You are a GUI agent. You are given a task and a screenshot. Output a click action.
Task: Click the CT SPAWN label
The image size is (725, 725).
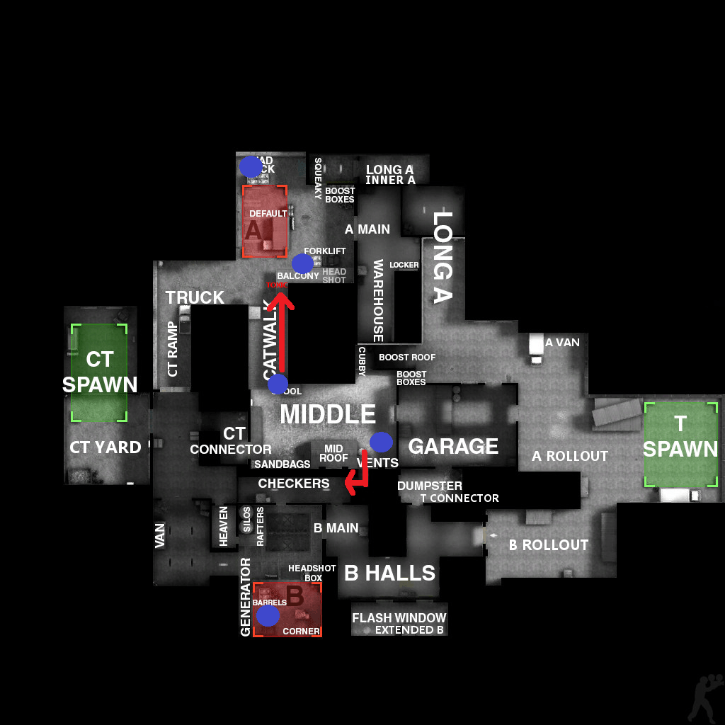100,372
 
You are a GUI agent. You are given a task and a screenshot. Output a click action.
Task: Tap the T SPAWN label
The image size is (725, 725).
680,436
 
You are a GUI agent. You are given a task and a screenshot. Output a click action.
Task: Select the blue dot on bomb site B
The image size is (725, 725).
268,615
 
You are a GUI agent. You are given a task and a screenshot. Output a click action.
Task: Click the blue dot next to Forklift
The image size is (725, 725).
302,263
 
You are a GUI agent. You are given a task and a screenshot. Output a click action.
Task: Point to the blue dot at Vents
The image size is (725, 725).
381,442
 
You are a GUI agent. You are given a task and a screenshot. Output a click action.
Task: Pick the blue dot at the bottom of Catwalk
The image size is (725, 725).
278,384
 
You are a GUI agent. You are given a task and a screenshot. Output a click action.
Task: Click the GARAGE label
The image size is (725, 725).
453,446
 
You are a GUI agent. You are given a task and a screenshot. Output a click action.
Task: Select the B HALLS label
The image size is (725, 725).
389,573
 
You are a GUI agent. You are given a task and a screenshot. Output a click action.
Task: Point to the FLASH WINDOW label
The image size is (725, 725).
399,618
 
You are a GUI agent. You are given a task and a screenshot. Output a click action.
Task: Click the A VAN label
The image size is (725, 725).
562,343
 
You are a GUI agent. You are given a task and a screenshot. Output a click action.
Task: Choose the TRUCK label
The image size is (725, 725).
195,297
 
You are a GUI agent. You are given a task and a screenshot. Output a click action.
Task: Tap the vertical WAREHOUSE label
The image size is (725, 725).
378,300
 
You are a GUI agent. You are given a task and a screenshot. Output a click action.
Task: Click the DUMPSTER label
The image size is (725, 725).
429,486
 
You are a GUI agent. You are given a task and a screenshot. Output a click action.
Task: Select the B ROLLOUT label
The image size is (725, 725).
549,545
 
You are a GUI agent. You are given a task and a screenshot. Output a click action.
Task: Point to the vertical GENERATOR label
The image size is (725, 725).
246,597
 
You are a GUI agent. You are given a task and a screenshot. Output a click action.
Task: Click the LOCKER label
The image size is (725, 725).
404,265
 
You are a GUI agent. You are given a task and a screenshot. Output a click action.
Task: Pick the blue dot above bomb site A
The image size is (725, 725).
250,166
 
